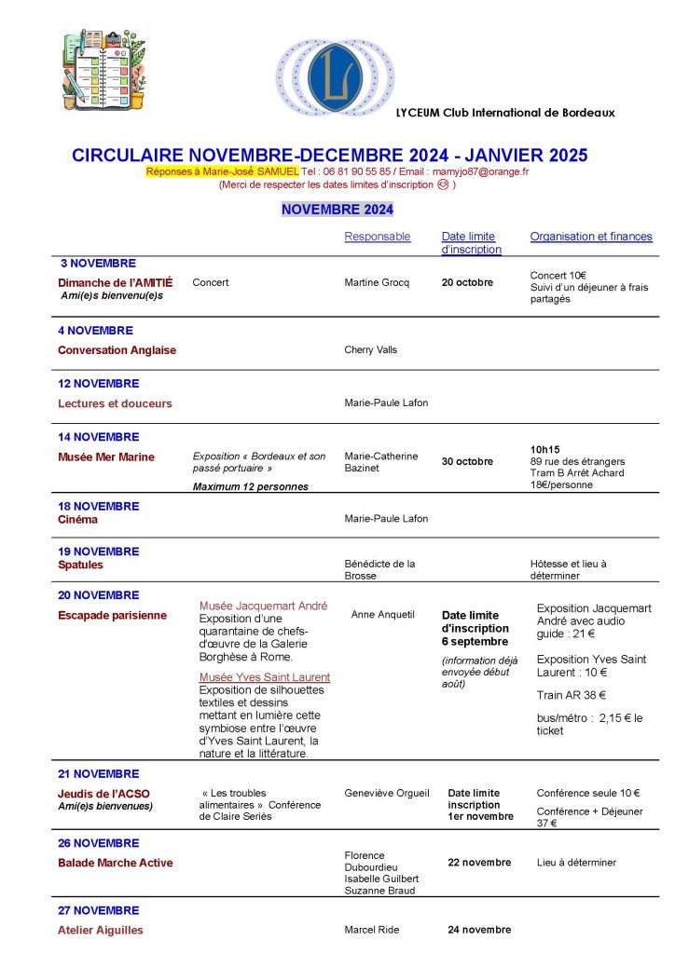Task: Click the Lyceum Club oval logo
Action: tap(335, 77)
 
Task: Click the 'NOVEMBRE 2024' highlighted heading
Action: tap(337, 210)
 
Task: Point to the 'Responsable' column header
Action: tap(378, 237)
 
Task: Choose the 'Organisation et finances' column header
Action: tap(591, 237)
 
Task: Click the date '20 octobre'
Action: tap(467, 282)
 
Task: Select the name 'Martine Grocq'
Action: tap(377, 282)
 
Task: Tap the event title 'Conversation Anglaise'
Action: tap(117, 350)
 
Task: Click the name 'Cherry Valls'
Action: tap(371, 350)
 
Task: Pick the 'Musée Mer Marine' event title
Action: tap(106, 457)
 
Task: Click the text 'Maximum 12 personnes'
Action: tap(250, 486)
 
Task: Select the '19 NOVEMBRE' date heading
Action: tap(99, 551)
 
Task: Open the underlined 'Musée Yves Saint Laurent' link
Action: tap(265, 677)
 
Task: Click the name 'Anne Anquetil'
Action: tap(383, 614)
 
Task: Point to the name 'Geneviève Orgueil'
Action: tap(387, 793)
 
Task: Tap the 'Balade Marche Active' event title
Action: tap(116, 863)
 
